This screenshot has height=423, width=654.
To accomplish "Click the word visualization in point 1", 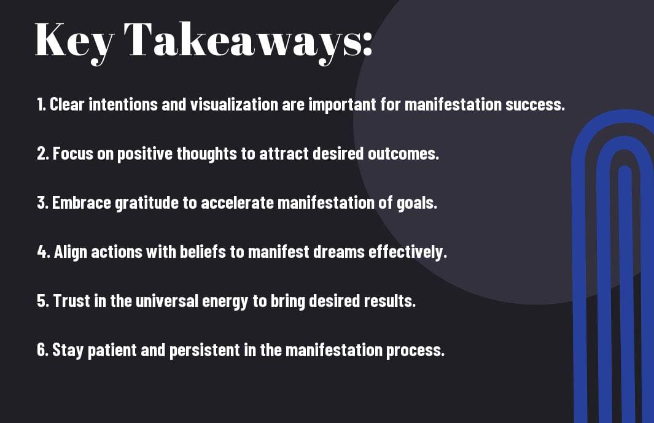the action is [234, 104].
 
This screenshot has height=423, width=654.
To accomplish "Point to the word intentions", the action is [123, 104].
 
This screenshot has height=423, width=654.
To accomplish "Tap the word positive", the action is [145, 154].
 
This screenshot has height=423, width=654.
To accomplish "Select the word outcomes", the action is [403, 153].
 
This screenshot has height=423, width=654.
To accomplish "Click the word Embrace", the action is [81, 203].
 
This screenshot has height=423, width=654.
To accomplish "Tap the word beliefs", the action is [203, 252].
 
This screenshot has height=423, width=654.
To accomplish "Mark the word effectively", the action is [407, 252].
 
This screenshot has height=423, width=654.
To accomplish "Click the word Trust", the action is [72, 301].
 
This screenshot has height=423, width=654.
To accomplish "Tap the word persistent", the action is [204, 350].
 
